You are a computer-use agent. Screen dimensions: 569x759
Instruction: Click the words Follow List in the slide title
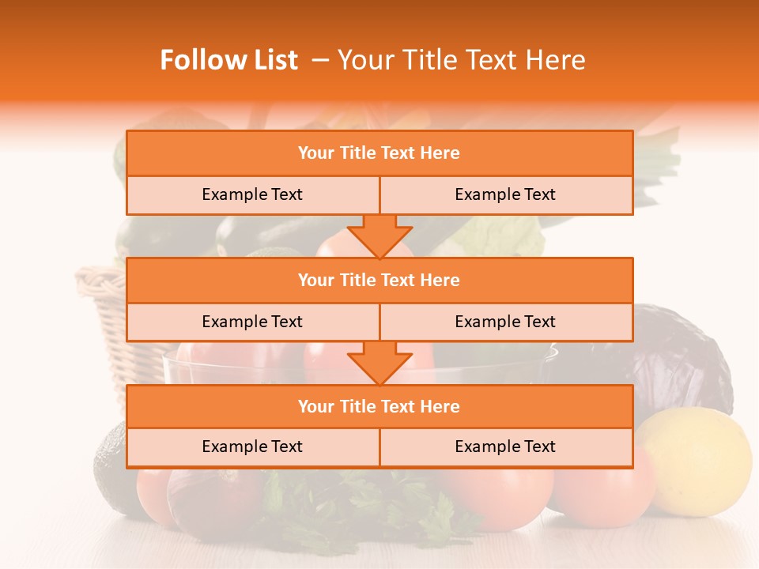coord(228,60)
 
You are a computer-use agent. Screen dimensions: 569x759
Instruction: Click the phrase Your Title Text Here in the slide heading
coord(462,60)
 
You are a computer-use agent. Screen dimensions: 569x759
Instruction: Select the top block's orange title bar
coord(379,153)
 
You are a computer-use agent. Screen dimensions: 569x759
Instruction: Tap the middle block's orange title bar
coord(379,280)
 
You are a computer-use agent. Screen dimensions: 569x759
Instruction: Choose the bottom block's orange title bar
coord(379,406)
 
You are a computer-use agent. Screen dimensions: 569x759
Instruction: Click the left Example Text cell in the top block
coord(252,194)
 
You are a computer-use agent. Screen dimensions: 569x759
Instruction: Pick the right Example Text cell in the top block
coord(505,194)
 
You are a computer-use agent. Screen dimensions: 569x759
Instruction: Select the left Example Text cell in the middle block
coord(252,322)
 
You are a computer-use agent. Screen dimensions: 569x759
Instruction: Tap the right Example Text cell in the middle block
coord(505,322)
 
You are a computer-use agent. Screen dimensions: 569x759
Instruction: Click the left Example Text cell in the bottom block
coord(252,447)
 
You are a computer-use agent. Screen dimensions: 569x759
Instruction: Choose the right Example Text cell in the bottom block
coord(505,447)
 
